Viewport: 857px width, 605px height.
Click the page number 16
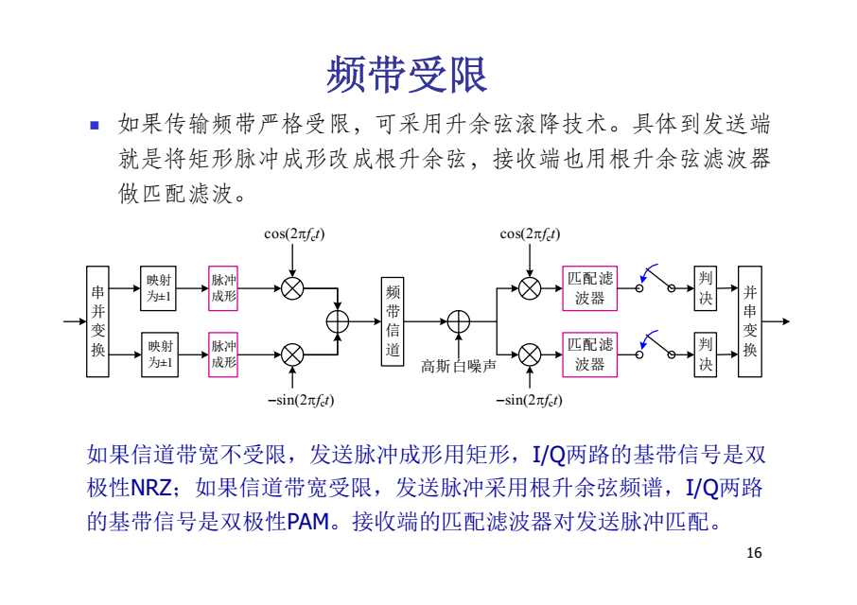click(754, 553)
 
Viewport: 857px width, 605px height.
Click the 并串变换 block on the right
click(749, 321)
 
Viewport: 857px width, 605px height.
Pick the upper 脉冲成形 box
click(223, 288)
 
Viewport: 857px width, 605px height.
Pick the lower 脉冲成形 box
click(223, 354)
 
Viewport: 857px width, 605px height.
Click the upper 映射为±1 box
click(159, 288)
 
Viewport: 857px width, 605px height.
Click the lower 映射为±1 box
click(159, 354)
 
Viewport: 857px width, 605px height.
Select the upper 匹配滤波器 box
click(589, 288)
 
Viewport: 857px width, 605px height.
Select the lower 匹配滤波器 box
click(589, 354)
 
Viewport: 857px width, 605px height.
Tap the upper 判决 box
click(705, 288)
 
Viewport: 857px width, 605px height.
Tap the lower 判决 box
click(705, 354)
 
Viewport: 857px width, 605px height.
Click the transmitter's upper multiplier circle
click(293, 288)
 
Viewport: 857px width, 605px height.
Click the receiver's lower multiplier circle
click(530, 354)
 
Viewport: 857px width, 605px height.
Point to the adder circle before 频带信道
click(337, 321)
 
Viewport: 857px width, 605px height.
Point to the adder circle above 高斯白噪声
click(459, 321)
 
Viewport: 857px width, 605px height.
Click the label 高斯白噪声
click(459, 365)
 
